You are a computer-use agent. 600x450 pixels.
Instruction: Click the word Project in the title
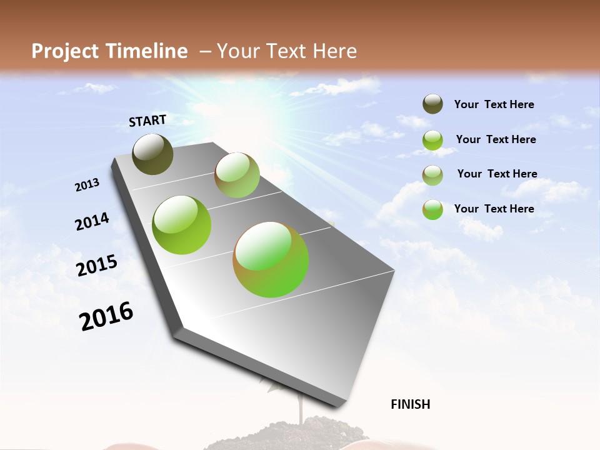(x=66, y=51)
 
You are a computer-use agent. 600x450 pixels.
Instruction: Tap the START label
(x=147, y=121)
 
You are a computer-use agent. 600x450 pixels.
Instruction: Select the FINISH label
(x=411, y=404)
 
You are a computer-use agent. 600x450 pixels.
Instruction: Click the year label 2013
(x=87, y=185)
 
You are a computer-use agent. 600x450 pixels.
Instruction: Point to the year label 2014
(x=92, y=221)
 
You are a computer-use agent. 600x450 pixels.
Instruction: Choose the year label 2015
(x=97, y=265)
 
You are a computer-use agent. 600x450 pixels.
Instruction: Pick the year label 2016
(x=106, y=316)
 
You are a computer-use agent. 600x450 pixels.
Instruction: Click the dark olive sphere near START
(x=153, y=154)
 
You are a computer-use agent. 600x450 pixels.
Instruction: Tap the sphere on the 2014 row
(x=237, y=175)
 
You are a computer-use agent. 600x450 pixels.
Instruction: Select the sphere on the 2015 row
(x=181, y=225)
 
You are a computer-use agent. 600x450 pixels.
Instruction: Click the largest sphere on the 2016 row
(x=271, y=259)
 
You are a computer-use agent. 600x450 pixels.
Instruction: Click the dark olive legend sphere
(x=432, y=104)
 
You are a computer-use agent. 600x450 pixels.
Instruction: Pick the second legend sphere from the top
(x=432, y=140)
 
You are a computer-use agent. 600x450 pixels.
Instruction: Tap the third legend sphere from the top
(x=432, y=175)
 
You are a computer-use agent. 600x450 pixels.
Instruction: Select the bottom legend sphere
(x=432, y=209)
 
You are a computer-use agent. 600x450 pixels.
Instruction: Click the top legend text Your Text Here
(x=494, y=104)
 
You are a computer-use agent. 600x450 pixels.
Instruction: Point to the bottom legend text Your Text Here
(x=494, y=209)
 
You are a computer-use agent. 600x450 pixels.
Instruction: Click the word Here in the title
(x=334, y=51)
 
